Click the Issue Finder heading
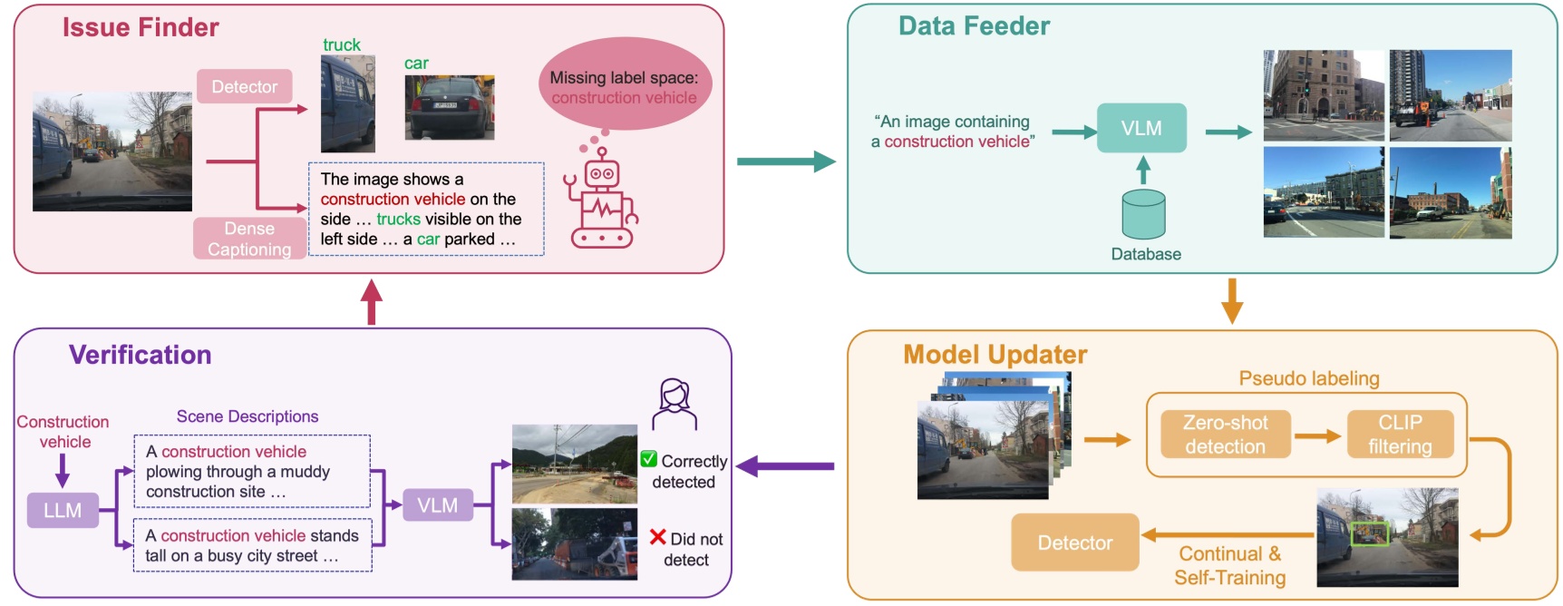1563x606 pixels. click(x=141, y=27)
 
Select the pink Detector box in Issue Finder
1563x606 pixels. click(x=244, y=86)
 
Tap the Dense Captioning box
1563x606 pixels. click(x=248, y=239)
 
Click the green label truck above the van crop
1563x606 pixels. click(x=341, y=44)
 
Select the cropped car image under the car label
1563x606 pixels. click(x=449, y=107)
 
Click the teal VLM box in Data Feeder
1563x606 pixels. click(x=1141, y=128)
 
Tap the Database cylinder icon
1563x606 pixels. click(x=1142, y=214)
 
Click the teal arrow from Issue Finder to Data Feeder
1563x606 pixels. click(x=785, y=162)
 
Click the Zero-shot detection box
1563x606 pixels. click(x=1225, y=435)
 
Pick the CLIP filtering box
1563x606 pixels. click(x=1400, y=435)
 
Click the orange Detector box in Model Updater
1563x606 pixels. click(x=1074, y=542)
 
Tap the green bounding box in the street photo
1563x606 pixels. click(x=1369, y=533)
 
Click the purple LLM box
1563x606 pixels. click(x=63, y=510)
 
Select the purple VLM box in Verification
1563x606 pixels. click(x=437, y=505)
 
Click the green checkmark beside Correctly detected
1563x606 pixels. click(x=648, y=460)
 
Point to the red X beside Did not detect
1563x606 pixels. click(x=657, y=537)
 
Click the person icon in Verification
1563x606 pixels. click(x=674, y=404)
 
